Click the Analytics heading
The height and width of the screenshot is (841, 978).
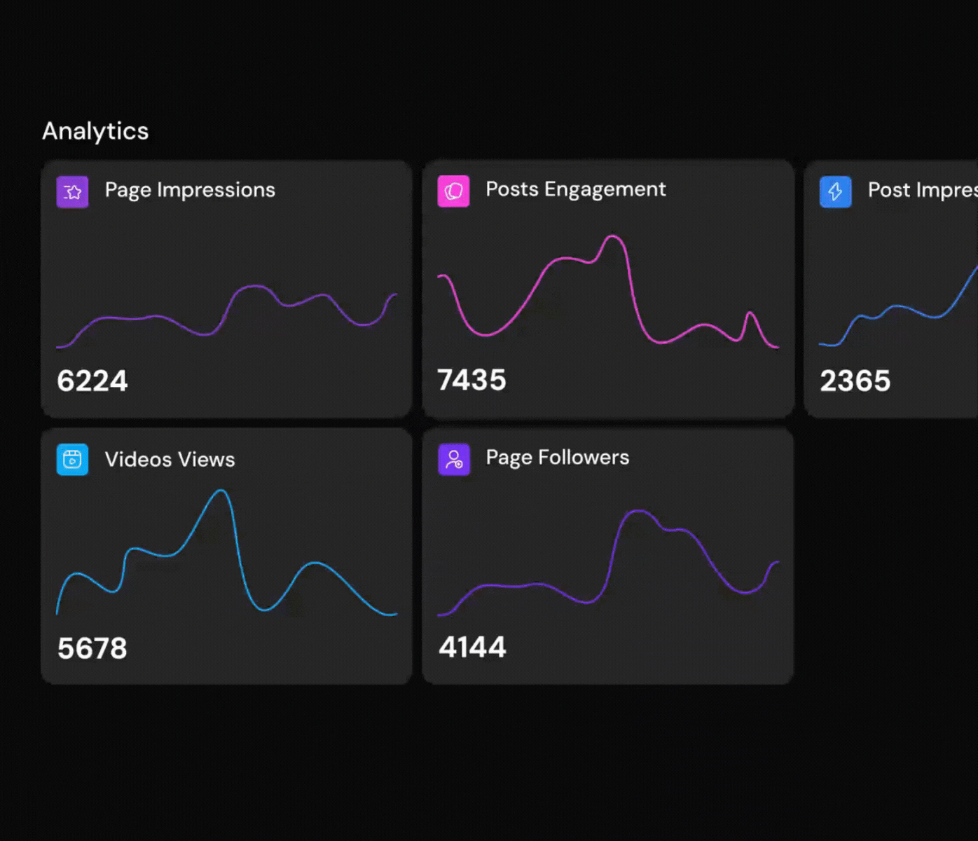(x=95, y=131)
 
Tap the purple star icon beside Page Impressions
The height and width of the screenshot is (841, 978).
(x=72, y=192)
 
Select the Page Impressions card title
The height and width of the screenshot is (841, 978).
(x=190, y=190)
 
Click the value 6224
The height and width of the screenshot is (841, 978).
(x=92, y=381)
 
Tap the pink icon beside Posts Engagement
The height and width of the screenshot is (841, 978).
(x=453, y=191)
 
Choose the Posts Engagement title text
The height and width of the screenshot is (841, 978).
(x=575, y=189)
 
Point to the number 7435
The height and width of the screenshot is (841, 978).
(x=471, y=380)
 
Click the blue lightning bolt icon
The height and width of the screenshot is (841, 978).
(x=835, y=192)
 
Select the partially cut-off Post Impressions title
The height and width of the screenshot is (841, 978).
(x=922, y=190)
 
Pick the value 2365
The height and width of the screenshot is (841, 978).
(x=855, y=381)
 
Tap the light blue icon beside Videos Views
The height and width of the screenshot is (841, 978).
(x=72, y=460)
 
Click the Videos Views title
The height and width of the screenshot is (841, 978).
(x=170, y=460)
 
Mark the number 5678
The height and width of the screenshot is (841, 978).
(x=92, y=648)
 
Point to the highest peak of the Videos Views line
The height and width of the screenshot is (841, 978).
(x=222, y=491)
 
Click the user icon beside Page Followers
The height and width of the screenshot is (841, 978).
(x=454, y=460)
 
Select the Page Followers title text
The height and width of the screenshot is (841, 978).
(x=557, y=458)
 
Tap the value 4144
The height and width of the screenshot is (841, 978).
(x=472, y=647)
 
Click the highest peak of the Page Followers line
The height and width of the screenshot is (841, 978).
(x=638, y=512)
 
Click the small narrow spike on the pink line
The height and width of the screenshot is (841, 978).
(x=750, y=313)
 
